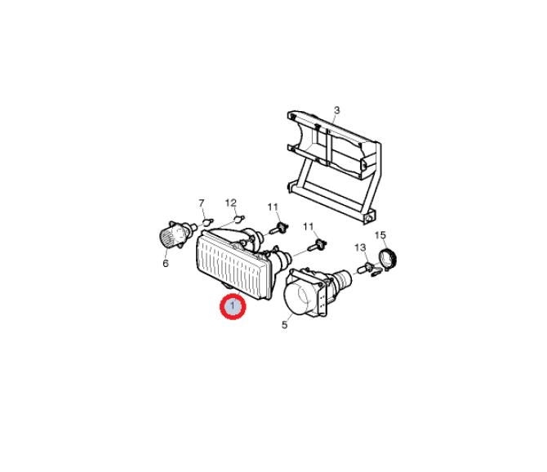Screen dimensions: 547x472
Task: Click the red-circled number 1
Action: [x=233, y=307]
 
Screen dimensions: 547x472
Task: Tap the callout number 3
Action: [x=336, y=110]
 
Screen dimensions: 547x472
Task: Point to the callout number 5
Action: [x=285, y=325]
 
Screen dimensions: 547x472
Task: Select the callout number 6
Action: [x=166, y=264]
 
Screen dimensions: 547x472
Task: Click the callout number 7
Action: [x=202, y=203]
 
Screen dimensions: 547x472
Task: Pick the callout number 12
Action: [x=231, y=203]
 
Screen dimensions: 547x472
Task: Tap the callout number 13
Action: [x=360, y=247]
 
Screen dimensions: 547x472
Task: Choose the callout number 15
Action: [x=380, y=235]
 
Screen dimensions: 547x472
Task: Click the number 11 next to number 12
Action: [x=273, y=207]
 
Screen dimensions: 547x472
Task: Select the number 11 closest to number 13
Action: [x=309, y=227]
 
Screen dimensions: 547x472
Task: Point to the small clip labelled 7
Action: [x=208, y=221]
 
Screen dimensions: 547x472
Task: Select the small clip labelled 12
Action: [x=238, y=219]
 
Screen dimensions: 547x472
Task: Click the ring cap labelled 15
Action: [x=388, y=259]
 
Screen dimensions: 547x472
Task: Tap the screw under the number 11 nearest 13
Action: [x=317, y=245]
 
